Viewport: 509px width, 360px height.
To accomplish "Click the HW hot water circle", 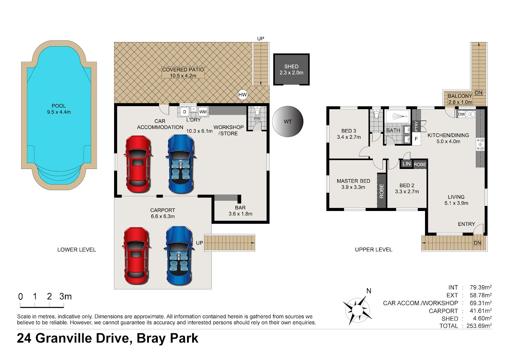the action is point(243,95).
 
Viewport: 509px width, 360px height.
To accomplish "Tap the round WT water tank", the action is point(288,121).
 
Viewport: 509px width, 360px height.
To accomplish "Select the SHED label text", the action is point(291,67).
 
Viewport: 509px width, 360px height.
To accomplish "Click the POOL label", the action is point(59,106).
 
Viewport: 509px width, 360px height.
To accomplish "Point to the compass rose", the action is point(357,309).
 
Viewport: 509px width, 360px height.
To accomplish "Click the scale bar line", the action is point(42,307).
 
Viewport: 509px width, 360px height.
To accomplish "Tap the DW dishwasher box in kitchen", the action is point(461,114).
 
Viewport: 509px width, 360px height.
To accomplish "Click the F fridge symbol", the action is point(416,138).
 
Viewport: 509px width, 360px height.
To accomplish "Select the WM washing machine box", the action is point(203,112).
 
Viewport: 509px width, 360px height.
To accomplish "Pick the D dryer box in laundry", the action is point(185,112).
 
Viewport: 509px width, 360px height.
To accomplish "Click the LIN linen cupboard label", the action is point(406,164).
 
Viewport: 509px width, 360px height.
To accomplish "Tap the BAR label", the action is point(240,208).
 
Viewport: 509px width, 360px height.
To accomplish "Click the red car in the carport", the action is point(136,256).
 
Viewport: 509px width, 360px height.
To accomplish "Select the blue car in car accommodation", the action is point(181,164).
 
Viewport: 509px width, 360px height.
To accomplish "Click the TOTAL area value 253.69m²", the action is point(479,326).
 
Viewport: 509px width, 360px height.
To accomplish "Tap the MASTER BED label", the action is point(353,181).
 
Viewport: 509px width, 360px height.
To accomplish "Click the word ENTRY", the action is point(467,224).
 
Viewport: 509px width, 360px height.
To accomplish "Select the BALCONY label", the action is point(460,96).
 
